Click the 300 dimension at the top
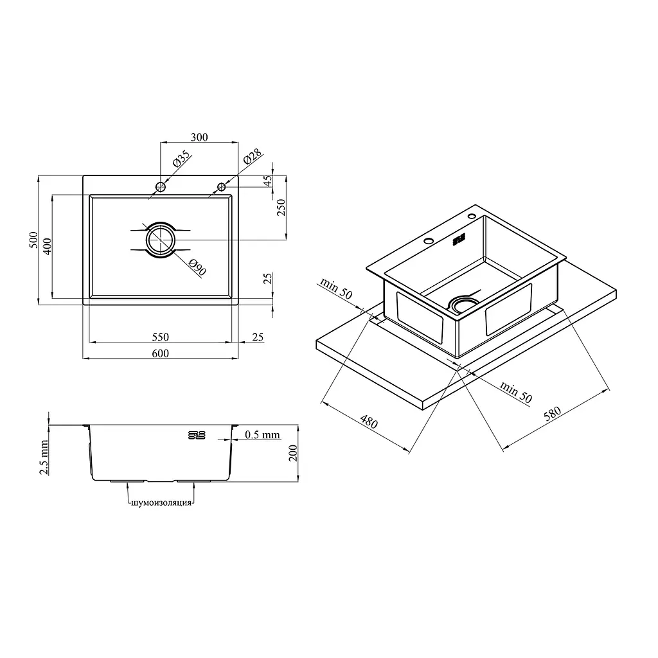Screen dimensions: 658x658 click(199, 138)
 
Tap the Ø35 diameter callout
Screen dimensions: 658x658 click(181, 159)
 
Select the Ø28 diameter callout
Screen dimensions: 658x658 click(253, 156)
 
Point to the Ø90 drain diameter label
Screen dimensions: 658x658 click(197, 268)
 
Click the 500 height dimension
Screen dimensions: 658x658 click(33, 240)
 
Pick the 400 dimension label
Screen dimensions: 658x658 click(47, 246)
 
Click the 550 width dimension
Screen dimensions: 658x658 click(160, 337)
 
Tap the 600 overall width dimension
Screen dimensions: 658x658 click(160, 353)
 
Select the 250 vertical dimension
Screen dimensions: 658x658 click(281, 208)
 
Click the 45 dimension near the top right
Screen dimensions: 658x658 click(267, 181)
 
